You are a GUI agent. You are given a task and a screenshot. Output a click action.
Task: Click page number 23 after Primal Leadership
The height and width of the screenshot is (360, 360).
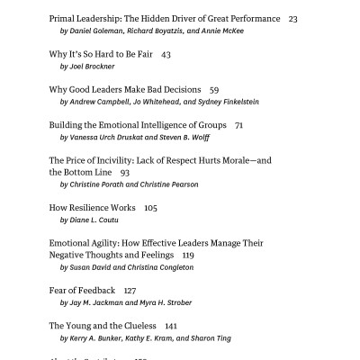293,18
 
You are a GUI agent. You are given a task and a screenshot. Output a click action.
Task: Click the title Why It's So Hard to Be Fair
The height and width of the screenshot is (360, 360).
102,54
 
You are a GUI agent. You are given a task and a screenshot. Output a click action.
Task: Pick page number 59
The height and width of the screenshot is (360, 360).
214,90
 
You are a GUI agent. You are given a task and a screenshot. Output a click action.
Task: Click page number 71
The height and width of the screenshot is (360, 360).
238,125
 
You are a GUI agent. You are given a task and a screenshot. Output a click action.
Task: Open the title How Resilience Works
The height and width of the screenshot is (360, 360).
90,207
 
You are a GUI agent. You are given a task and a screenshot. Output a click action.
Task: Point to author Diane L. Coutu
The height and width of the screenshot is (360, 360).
94,220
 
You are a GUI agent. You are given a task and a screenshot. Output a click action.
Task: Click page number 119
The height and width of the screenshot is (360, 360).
187,255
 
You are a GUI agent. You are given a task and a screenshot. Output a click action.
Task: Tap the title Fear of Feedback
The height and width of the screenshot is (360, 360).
82,290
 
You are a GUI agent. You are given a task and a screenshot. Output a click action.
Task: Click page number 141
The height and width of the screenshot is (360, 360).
171,325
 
